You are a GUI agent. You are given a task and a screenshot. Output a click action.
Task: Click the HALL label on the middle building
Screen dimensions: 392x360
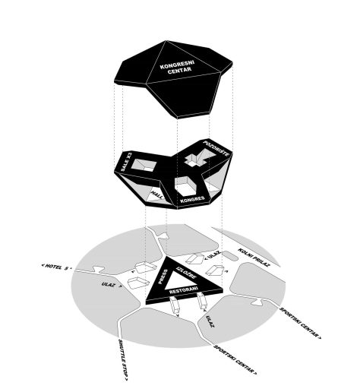click(x=156, y=195)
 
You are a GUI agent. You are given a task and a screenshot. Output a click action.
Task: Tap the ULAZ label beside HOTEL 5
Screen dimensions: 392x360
click(x=107, y=285)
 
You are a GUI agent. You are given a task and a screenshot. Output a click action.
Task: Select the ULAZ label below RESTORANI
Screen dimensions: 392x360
click(x=210, y=324)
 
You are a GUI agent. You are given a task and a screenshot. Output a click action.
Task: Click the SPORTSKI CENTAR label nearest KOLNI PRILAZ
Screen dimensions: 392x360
click(x=300, y=322)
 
